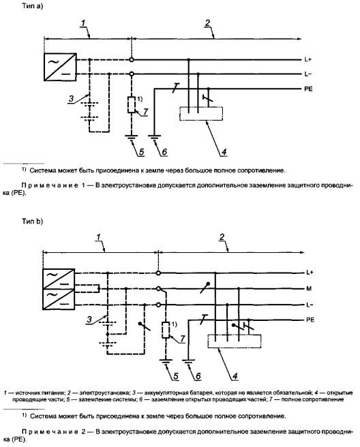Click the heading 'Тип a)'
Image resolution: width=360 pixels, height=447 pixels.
coord(33,6)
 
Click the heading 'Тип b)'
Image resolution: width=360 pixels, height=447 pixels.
coord(33,221)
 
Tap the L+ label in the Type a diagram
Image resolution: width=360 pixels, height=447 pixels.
coord(307,59)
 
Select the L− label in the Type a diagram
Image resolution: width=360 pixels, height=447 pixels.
coord(307,74)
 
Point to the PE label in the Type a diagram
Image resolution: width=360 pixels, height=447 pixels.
coord(308,89)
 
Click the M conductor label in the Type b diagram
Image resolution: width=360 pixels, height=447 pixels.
coord(309,289)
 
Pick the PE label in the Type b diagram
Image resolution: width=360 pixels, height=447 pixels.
coord(310,320)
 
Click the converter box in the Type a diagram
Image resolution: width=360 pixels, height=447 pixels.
coord(60,67)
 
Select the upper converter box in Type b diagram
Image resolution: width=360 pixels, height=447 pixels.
coord(59,279)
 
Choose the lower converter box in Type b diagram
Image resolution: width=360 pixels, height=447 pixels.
coord(59,299)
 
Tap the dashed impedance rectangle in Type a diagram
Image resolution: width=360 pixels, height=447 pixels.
coord(132,105)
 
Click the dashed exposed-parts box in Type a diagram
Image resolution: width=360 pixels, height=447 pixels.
coord(201,114)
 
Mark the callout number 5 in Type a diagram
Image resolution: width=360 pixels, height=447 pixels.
coord(142,152)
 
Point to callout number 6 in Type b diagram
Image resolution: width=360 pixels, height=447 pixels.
coord(198,376)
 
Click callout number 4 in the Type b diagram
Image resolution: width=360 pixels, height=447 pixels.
coord(235,376)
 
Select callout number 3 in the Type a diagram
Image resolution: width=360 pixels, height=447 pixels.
coord(71,99)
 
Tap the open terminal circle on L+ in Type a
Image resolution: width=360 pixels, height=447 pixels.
coord(132,60)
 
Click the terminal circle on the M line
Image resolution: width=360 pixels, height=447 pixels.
coord(158,289)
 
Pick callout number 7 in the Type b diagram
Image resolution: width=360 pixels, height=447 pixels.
coord(183,339)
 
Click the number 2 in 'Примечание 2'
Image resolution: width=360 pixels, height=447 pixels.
coord(83,432)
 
